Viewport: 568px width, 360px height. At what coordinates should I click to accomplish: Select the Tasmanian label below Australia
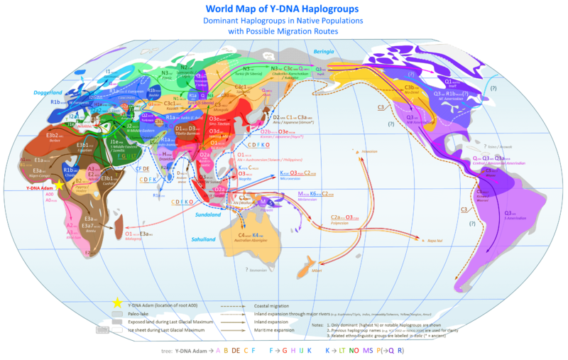pyautogui.click(x=258, y=271)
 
